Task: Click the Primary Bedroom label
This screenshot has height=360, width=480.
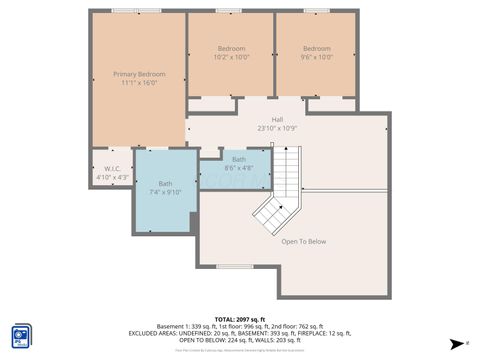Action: [139, 75]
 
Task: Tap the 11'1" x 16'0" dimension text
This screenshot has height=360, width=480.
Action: [139, 84]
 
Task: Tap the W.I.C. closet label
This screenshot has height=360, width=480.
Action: [112, 169]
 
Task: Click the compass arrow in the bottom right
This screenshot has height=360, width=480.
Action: [458, 342]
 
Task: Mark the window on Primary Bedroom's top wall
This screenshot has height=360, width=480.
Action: [124, 10]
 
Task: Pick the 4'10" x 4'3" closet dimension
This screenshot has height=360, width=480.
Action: [113, 178]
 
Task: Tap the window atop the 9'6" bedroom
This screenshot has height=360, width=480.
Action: [317, 10]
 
